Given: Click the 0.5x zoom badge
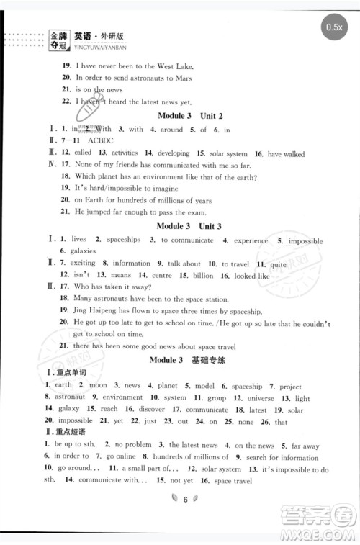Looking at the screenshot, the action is click(333, 27).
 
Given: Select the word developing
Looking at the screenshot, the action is click(174, 154).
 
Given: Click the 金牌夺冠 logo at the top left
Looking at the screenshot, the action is click(57, 38).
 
